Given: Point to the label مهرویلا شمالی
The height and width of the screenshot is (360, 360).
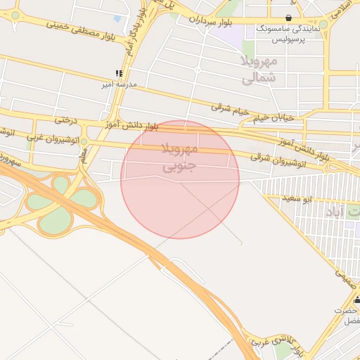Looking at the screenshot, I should click(259, 70).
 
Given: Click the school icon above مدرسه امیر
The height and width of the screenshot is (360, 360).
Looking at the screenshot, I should click(120, 73).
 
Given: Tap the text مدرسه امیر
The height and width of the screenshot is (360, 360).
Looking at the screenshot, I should click(120, 84).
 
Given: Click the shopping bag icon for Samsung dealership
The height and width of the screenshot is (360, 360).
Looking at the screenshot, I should click(289, 18).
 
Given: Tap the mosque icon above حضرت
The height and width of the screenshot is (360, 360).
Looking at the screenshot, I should click(356, 300).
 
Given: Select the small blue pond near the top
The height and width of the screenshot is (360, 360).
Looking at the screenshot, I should click(117, 19).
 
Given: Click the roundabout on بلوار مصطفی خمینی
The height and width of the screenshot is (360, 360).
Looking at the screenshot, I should click(15, 15).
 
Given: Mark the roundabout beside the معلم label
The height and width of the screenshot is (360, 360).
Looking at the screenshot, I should click(84, 142).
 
